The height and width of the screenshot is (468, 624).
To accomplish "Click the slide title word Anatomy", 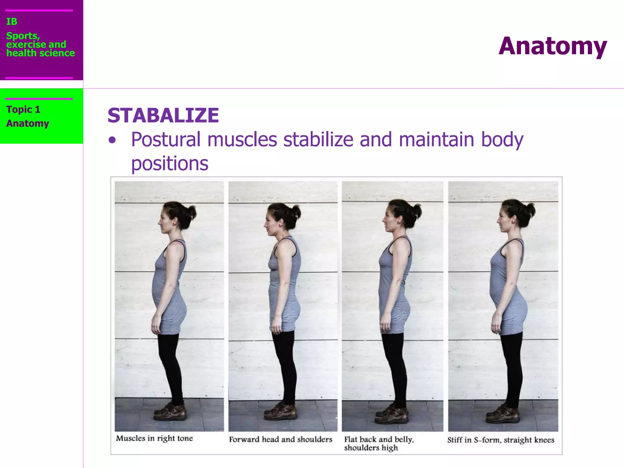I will (553, 46).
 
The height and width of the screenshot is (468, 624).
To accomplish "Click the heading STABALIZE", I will (163, 116).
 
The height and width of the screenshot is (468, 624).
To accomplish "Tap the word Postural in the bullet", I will (166, 140).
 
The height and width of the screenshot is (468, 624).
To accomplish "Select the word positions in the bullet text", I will (170, 164).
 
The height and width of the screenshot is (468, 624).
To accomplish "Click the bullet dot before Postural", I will (112, 140).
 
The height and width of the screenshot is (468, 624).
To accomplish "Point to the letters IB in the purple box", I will (12, 22).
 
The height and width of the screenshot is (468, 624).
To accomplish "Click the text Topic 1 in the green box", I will (23, 109).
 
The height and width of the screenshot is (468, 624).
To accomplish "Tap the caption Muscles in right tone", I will (154, 438).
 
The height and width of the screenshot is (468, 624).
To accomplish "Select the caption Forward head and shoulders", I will (280, 439).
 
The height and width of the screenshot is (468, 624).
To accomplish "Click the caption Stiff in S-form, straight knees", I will (501, 440).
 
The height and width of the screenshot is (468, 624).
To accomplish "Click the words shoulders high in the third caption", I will (371, 448).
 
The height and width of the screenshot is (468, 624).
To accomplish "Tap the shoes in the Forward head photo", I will (281, 411).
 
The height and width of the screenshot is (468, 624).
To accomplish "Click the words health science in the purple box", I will (41, 53).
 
